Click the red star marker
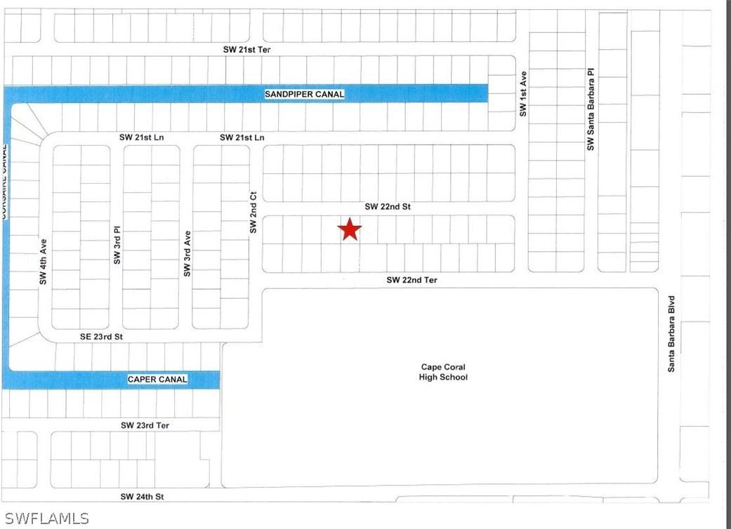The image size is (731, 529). (x=349, y=229)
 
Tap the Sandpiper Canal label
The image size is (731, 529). (x=305, y=94)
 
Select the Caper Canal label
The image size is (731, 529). (x=157, y=380)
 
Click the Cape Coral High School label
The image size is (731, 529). (x=443, y=372)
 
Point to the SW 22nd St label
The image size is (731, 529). (x=387, y=207)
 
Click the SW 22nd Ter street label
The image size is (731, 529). (x=411, y=280)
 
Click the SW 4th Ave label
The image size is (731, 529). (x=44, y=263)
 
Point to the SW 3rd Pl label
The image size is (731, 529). (x=117, y=245)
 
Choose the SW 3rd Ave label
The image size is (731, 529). (x=187, y=253)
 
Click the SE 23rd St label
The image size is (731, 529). (x=101, y=337)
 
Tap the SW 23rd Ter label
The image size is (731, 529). (x=145, y=425)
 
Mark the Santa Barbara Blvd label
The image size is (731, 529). (x=671, y=333)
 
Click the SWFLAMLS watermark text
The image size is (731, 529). (x=45, y=518)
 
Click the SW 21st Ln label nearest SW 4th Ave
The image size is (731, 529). (x=141, y=138)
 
